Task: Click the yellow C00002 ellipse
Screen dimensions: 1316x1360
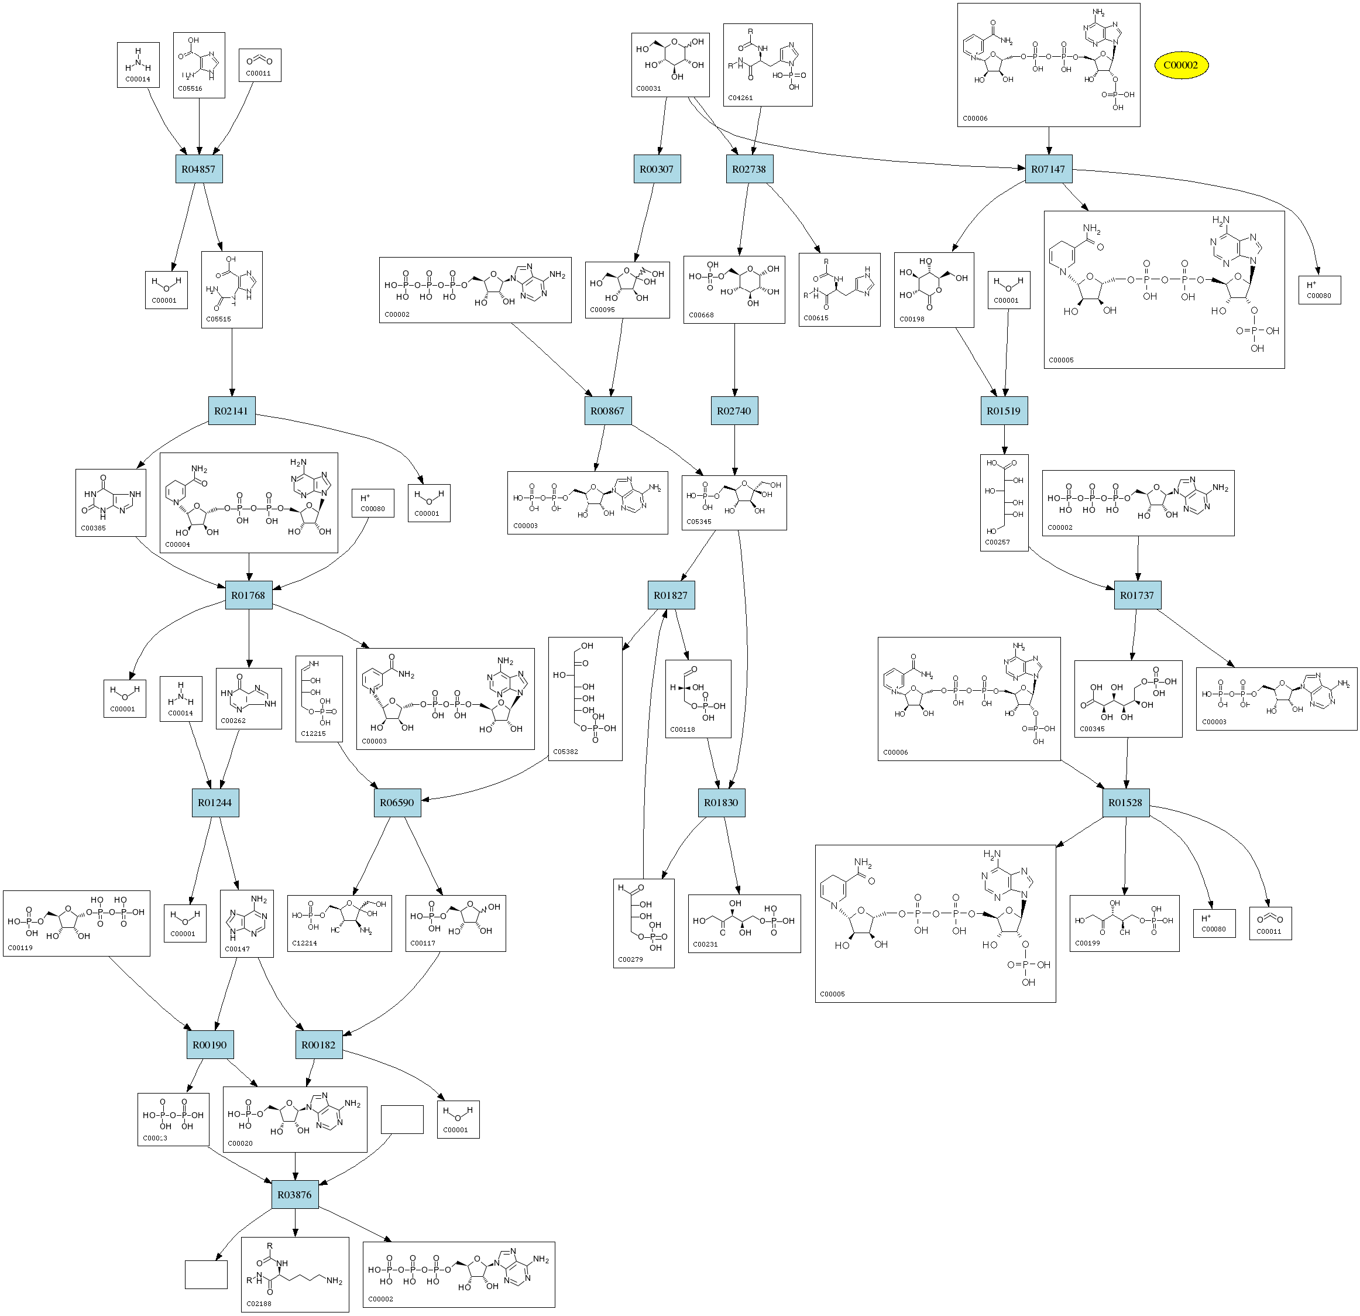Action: pos(1180,65)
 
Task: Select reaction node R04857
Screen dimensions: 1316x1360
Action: pos(198,169)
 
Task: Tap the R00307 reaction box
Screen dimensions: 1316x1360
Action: pos(657,169)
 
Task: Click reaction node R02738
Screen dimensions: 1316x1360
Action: pos(748,169)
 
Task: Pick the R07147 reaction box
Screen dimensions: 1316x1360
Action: pos(1048,169)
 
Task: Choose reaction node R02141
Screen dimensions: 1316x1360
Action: pos(231,411)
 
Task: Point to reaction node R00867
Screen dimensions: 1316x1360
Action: pos(607,411)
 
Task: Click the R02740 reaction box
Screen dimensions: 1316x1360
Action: pos(734,411)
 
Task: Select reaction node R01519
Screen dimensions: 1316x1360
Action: pos(1004,411)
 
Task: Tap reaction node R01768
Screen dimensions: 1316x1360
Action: pos(248,595)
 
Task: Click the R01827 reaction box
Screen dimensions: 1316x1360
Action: pos(670,595)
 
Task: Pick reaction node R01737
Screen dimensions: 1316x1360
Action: pos(1137,595)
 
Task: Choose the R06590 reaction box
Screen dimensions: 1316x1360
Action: pos(397,803)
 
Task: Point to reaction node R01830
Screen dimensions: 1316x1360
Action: pos(721,803)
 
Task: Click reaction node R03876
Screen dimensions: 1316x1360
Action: pos(294,1195)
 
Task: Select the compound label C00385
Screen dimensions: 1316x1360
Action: pos(93,528)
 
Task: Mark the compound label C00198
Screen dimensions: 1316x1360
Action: pos(912,319)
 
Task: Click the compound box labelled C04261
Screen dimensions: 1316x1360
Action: pos(767,64)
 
